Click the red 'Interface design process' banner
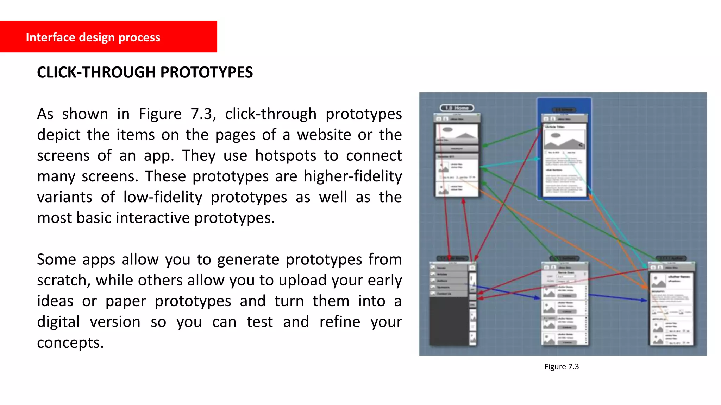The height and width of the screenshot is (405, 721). click(x=108, y=37)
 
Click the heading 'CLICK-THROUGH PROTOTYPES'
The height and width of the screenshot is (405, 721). click(x=145, y=72)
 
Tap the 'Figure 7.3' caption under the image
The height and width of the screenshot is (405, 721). click(x=561, y=367)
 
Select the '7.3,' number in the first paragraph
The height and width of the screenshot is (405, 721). click(x=203, y=114)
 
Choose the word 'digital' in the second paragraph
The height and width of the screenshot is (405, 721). click(x=58, y=322)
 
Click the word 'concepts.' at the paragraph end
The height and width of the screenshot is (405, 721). click(x=70, y=343)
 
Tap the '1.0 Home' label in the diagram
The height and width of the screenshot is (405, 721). click(x=457, y=108)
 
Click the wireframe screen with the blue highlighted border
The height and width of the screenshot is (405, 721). click(x=564, y=149)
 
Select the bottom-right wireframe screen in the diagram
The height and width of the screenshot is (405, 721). click(x=672, y=304)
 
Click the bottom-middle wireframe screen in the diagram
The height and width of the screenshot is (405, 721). click(x=564, y=304)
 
